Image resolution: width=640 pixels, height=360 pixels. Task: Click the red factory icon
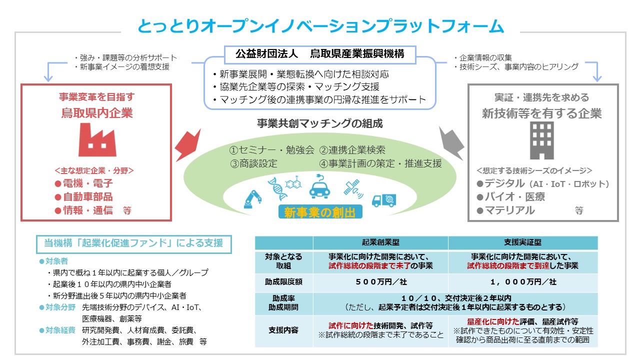(97, 140)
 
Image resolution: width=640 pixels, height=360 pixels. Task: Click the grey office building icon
(541, 140)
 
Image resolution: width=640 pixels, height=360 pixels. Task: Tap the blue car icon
(319, 187)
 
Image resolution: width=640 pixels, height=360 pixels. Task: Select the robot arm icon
(252, 199)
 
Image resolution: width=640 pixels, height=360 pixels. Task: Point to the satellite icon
(353, 188)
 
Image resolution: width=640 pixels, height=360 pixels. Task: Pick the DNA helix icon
(276, 188)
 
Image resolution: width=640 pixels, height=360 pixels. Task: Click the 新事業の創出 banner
(320, 212)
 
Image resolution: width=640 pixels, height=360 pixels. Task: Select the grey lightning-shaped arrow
(451, 143)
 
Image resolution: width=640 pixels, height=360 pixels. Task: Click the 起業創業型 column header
(380, 242)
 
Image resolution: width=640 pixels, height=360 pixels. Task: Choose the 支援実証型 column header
(523, 242)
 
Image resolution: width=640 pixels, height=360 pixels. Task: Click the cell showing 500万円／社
(380, 282)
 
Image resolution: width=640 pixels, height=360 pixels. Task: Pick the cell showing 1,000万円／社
(523, 282)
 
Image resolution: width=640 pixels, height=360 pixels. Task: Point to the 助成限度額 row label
(283, 282)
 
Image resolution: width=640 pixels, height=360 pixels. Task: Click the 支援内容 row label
(283, 330)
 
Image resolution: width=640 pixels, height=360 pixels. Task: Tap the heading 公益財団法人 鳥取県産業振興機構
(320, 54)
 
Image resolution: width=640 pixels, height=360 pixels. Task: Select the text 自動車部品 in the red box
(87, 197)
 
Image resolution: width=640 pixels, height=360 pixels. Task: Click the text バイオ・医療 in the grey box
(515, 197)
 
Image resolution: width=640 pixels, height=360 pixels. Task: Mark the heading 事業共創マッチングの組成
(319, 123)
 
